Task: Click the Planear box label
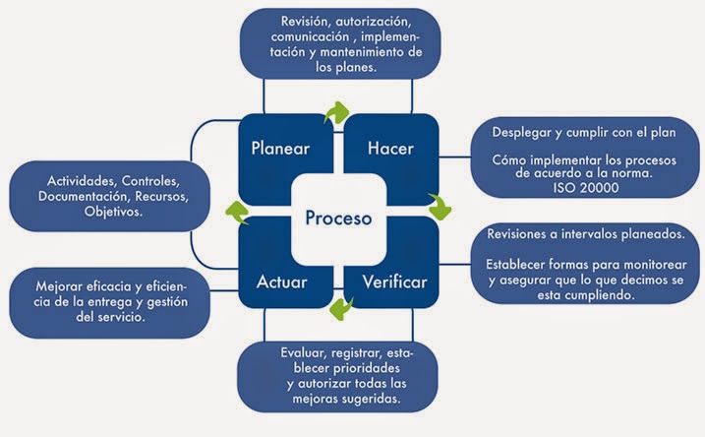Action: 280,150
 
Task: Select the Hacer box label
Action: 389,150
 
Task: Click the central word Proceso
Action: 337,217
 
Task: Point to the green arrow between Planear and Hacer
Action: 337,111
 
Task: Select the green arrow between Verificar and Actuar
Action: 340,308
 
